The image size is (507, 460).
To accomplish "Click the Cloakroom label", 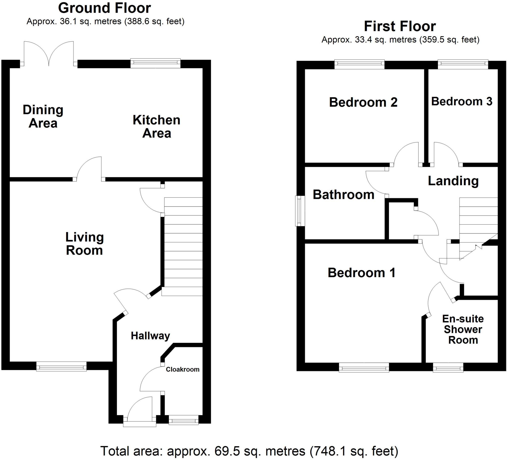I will click(x=182, y=369).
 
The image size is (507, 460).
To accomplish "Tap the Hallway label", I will click(x=150, y=336).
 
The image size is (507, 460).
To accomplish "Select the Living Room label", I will click(x=84, y=244).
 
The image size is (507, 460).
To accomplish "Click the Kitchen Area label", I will click(x=156, y=127).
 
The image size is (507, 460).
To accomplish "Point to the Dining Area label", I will click(x=43, y=116).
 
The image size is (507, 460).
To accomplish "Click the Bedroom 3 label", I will click(x=461, y=101).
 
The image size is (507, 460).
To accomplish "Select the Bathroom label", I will click(x=343, y=195).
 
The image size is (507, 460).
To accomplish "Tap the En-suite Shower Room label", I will click(x=463, y=330).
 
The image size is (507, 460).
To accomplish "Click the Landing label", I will click(x=453, y=181).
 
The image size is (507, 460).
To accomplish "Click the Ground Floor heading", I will click(x=104, y=8).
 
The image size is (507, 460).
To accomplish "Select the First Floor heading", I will click(x=400, y=26).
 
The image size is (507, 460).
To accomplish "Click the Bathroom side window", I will click(x=299, y=211).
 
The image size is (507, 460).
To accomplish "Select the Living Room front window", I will click(x=61, y=366).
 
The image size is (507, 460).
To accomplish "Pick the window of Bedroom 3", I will click(x=463, y=64).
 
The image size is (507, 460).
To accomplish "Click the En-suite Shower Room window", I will click(x=448, y=367).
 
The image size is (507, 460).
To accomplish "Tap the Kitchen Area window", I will click(x=155, y=63).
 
